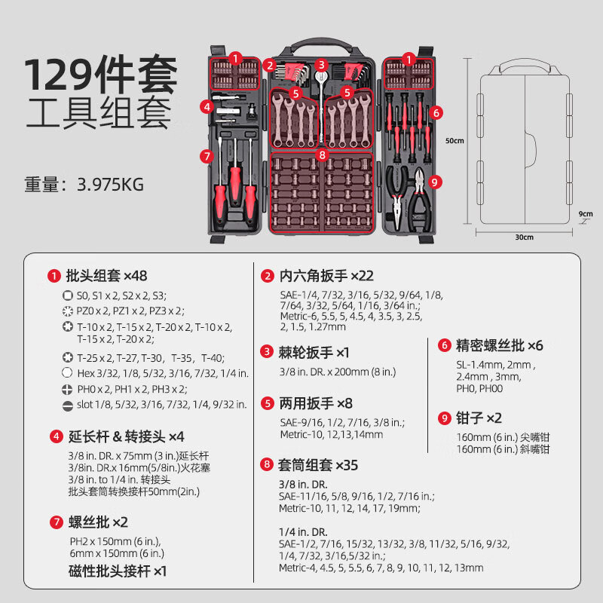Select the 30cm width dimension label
coord(525,237)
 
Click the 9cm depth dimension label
coord(585,213)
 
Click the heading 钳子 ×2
coord(479,418)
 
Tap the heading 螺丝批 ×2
coord(97,522)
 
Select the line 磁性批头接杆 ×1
coord(117,572)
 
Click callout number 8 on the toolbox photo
coord(323,155)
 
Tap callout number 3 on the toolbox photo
coord(321,65)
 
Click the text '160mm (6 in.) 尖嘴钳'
coord(503,437)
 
